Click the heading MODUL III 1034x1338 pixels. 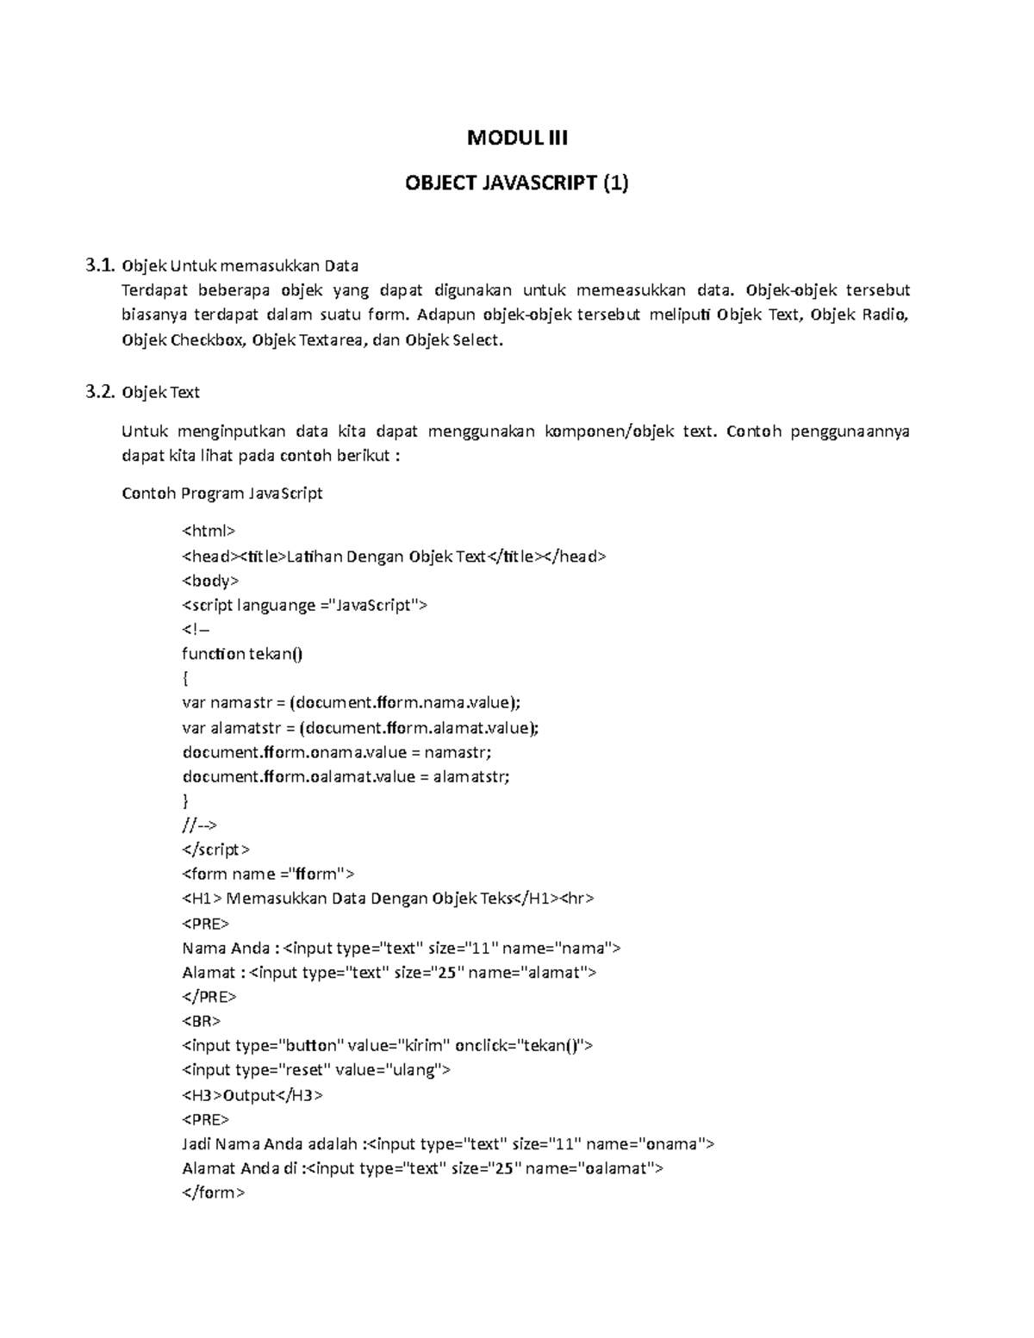coord(517,138)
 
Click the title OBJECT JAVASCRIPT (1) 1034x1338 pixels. coord(517,183)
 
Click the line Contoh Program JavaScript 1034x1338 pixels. coord(222,494)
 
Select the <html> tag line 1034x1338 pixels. coord(209,531)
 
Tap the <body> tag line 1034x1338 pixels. coord(210,580)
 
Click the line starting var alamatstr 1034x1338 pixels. coord(360,728)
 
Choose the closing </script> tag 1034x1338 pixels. coord(215,849)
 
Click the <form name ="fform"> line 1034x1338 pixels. coord(268,874)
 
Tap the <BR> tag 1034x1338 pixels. coord(202,1021)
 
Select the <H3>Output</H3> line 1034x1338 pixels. coord(252,1095)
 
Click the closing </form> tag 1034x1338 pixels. coord(214,1193)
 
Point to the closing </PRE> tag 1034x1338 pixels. coord(209,997)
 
